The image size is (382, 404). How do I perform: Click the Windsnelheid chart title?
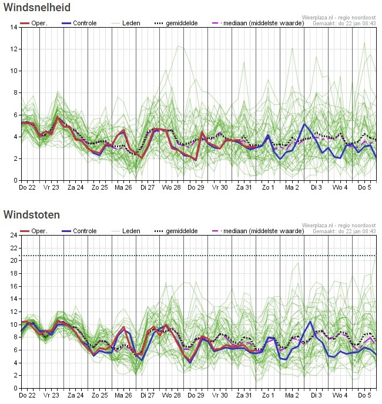(x=37, y=7)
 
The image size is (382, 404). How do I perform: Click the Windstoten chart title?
(x=32, y=214)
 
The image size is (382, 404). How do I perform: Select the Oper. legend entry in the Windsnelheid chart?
(x=34, y=23)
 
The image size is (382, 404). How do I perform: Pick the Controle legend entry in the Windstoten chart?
(x=79, y=231)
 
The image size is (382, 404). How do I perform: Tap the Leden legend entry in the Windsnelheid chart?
(x=126, y=23)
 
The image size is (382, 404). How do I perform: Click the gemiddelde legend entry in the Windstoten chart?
(x=176, y=231)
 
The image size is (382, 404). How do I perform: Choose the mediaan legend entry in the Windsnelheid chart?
(x=258, y=23)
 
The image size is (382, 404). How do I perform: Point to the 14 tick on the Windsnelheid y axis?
(x=14, y=27)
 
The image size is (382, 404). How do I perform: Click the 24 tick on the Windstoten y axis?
(x=14, y=235)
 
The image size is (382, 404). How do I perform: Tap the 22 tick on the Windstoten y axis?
(x=14, y=248)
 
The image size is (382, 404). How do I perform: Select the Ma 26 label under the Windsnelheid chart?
(x=123, y=187)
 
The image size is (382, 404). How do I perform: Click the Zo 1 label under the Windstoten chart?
(x=268, y=395)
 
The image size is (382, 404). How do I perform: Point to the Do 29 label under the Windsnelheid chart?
(x=196, y=187)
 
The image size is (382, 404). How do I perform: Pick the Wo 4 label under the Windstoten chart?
(x=340, y=395)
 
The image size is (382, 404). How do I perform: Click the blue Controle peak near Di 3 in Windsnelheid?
(x=304, y=124)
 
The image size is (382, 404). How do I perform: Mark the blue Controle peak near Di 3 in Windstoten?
(x=310, y=322)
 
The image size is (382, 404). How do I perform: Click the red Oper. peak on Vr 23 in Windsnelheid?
(x=58, y=118)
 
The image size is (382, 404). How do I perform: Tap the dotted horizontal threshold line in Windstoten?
(x=199, y=256)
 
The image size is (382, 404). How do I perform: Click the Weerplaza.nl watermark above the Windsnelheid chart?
(x=339, y=18)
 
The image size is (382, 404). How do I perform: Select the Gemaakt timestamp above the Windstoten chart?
(x=344, y=231)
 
